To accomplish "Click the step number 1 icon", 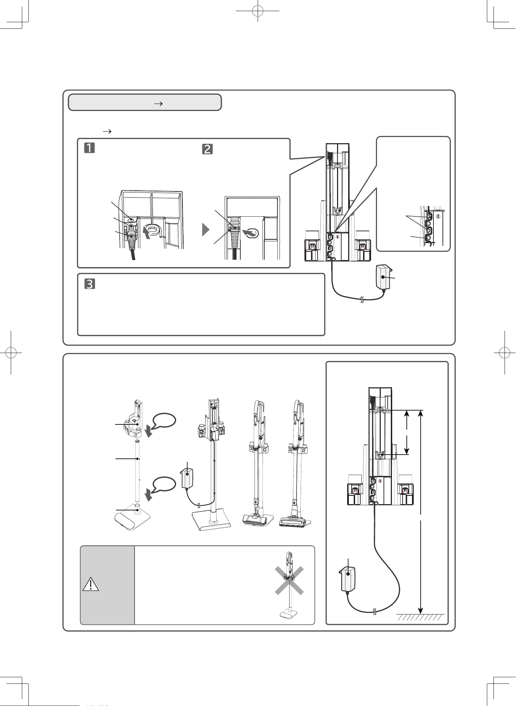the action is pyautogui.click(x=89, y=149).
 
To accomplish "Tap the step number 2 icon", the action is pyautogui.click(x=207, y=149).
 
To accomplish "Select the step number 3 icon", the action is pyautogui.click(x=90, y=284).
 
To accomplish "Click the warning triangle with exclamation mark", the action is pyautogui.click(x=91, y=584).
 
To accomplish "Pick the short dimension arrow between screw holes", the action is pyautogui.click(x=407, y=432).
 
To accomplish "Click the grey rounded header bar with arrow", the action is pyautogui.click(x=145, y=102).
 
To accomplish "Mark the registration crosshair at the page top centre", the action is pyautogui.click(x=258, y=11).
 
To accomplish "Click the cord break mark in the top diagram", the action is pyautogui.click(x=362, y=300).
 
